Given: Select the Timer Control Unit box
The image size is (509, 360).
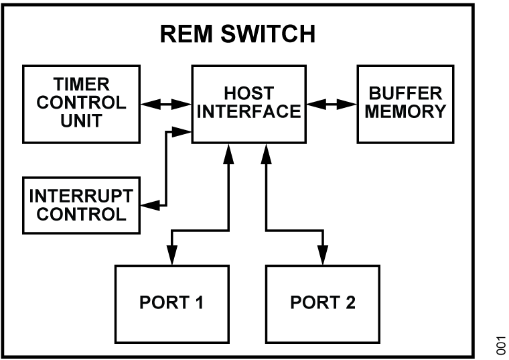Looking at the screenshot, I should tap(81, 103).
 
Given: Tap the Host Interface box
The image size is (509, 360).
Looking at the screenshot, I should tap(248, 103).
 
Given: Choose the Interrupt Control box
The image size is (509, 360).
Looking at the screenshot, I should tap(81, 205).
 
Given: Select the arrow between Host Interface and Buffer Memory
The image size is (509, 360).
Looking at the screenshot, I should tap(331, 104).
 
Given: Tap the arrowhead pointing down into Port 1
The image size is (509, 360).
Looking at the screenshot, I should tap(171, 255).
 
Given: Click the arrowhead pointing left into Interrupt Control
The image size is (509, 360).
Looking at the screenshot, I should tap(151, 205).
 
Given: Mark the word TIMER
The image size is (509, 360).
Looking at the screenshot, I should tap(81, 86).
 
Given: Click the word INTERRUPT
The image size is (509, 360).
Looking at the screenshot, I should tap(81, 197).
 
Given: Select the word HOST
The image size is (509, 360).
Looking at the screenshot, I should tap(248, 95).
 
